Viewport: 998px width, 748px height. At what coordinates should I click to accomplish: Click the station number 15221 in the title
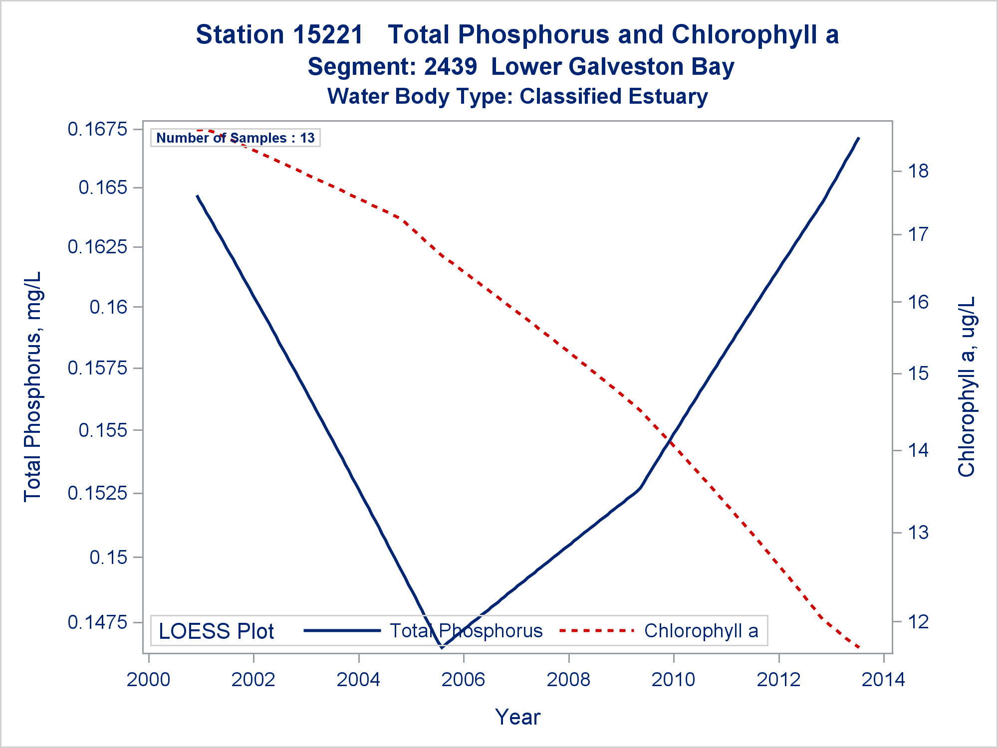click(328, 35)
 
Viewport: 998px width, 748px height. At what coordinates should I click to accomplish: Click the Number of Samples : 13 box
click(235, 138)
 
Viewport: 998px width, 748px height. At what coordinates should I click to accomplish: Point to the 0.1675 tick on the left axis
click(97, 130)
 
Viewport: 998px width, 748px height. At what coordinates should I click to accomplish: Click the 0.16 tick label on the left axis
click(108, 307)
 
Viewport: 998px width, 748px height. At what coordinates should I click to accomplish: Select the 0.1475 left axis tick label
click(97, 622)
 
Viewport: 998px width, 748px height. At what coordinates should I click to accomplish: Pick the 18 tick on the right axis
click(918, 171)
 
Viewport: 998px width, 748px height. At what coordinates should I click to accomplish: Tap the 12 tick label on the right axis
click(918, 621)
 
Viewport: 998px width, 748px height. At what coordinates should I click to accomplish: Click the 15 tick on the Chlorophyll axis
click(918, 374)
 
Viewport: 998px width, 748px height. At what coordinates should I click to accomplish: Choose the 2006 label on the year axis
click(463, 680)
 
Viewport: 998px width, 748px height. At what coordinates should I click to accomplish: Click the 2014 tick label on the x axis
click(883, 680)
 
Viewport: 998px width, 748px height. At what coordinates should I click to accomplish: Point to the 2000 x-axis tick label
click(148, 680)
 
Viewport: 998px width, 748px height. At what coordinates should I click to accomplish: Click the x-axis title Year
click(517, 717)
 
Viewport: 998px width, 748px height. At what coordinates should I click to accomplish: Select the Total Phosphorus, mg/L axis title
click(32, 386)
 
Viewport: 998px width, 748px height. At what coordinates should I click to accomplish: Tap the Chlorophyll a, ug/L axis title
click(967, 386)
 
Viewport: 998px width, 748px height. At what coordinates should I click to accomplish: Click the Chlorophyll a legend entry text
click(701, 631)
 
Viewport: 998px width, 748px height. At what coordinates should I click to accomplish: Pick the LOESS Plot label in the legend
click(216, 631)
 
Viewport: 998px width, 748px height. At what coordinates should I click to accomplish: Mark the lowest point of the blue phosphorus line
click(442, 648)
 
